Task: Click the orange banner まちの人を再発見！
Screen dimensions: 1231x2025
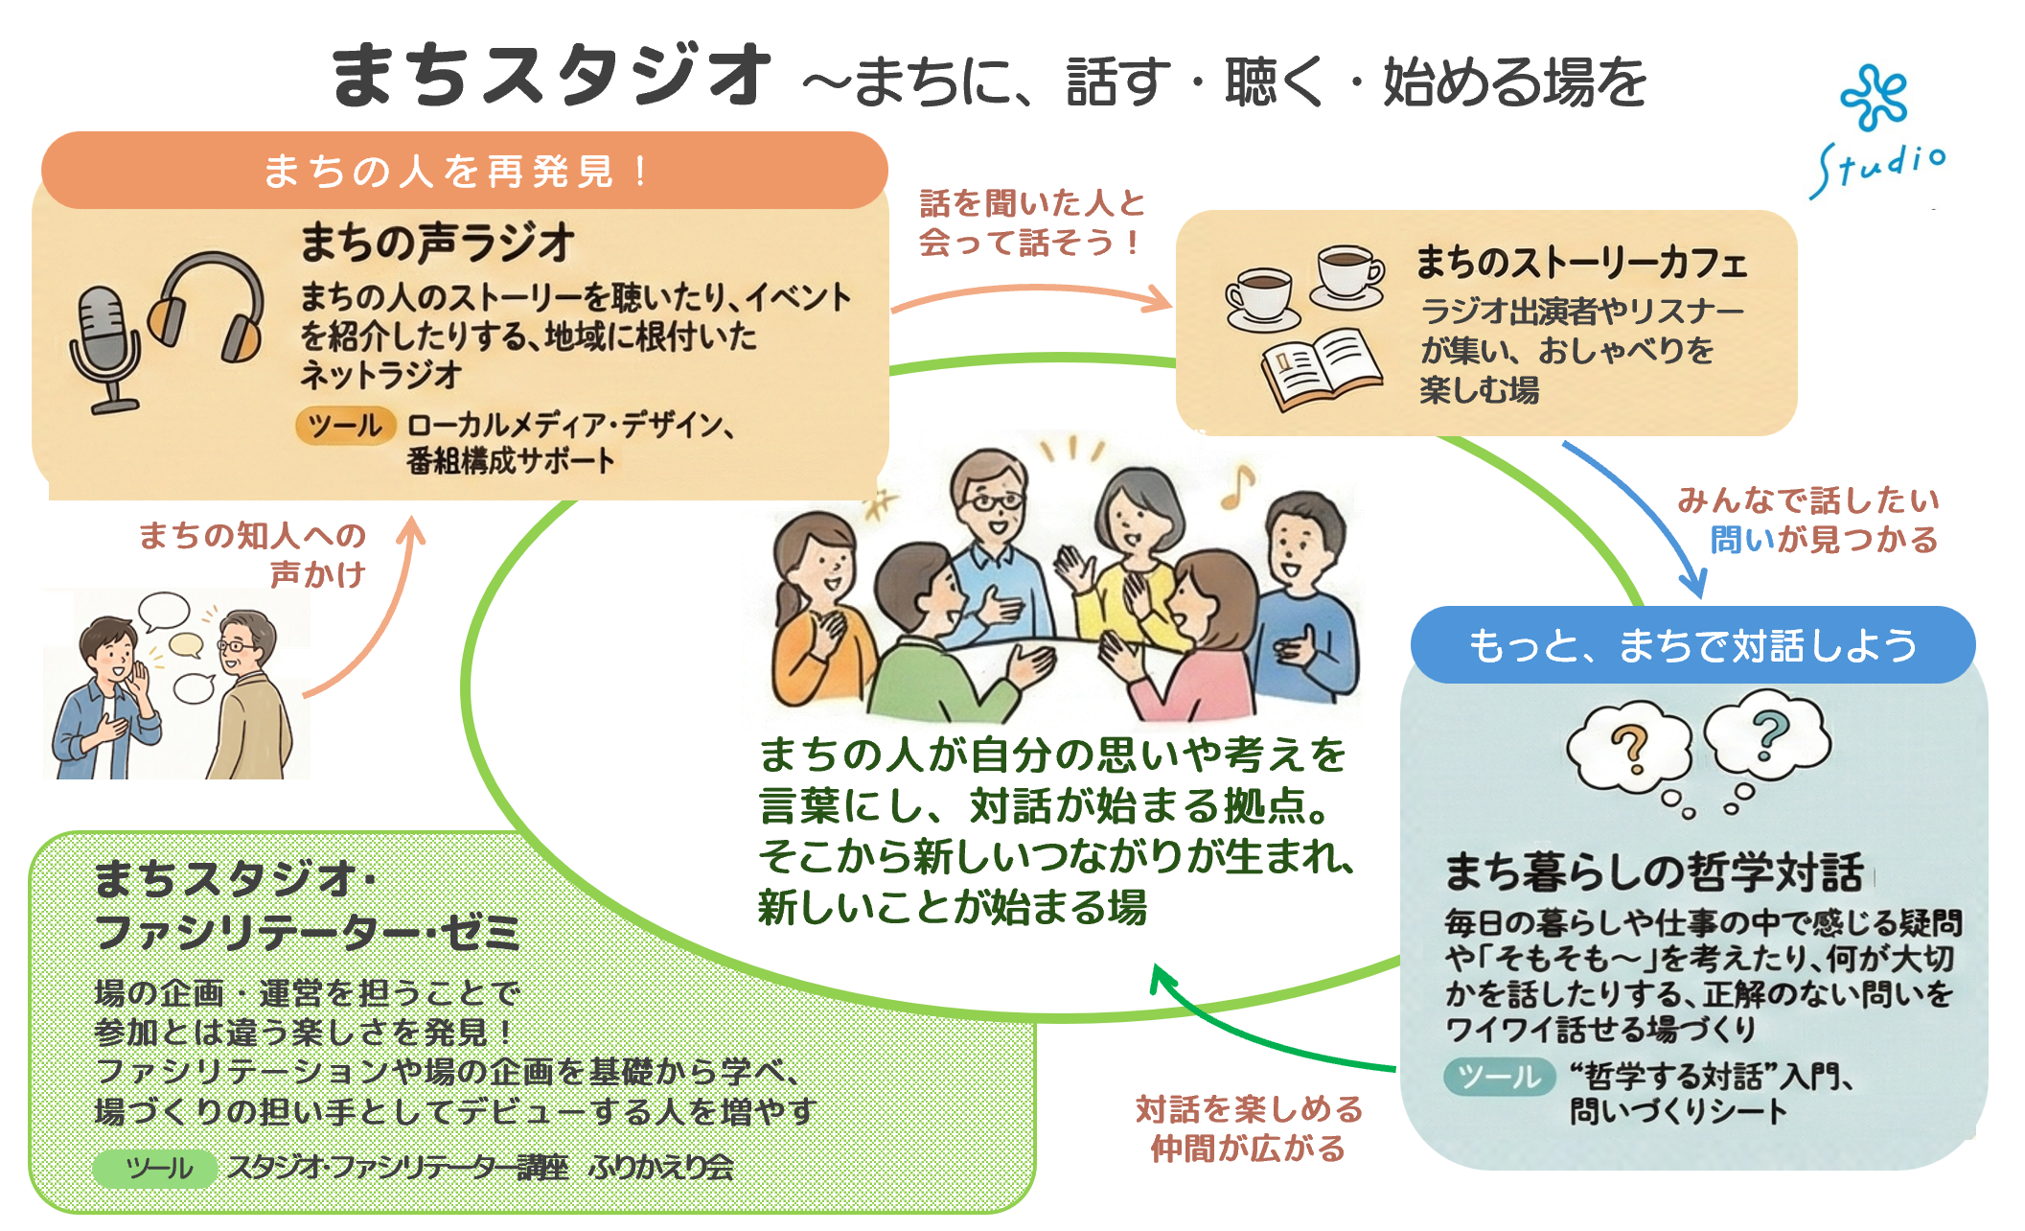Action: pos(464,171)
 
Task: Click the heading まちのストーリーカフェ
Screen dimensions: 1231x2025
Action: pos(1581,263)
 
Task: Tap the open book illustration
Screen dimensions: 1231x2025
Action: pos(1321,368)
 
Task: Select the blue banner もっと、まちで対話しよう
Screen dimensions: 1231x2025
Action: pos(1692,645)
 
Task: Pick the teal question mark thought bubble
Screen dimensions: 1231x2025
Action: pos(1769,736)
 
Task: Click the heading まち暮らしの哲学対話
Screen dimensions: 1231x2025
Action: pos(1654,871)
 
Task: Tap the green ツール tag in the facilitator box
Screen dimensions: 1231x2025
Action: pos(154,1168)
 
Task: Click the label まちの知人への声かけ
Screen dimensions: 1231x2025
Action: pos(253,554)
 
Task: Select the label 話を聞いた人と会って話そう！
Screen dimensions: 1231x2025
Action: pos(1031,222)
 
